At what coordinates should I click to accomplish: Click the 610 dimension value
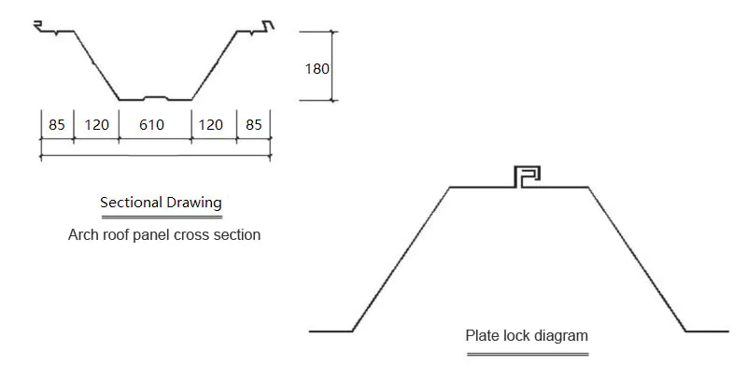point(155,124)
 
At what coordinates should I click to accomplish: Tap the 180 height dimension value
point(317,67)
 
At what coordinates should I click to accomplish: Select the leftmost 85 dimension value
point(57,124)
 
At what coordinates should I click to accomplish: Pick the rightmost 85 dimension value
point(254,124)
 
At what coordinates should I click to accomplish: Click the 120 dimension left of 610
point(96,124)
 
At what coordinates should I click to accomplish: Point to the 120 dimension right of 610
point(213,124)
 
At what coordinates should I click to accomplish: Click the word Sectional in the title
point(130,202)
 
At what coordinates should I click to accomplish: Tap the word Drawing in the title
point(194,202)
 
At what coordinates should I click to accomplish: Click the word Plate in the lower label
point(482,335)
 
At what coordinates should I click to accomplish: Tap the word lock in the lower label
point(516,335)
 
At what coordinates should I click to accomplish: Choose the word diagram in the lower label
point(561,335)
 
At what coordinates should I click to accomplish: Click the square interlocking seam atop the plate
point(528,176)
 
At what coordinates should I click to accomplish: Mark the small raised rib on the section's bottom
point(155,96)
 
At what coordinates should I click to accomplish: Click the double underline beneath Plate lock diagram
point(527,354)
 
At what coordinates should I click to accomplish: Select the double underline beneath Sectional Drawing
point(161,216)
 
